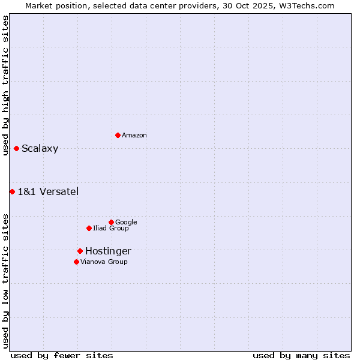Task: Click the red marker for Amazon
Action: (x=118, y=135)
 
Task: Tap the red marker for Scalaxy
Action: (x=16, y=148)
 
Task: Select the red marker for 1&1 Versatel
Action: (x=12, y=191)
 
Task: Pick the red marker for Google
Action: (x=111, y=222)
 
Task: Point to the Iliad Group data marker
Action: (x=89, y=228)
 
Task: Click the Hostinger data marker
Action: (x=80, y=251)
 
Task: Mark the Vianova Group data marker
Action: (x=76, y=262)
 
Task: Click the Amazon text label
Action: (x=134, y=136)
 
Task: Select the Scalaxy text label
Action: (x=40, y=149)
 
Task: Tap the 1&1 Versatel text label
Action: (x=48, y=192)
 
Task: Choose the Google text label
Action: (x=126, y=223)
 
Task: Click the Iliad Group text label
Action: (x=111, y=229)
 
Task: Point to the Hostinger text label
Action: (x=108, y=251)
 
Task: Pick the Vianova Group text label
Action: (x=104, y=262)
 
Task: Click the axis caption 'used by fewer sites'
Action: (x=62, y=356)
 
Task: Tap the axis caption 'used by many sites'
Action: (x=301, y=356)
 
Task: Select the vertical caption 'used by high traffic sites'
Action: (x=5, y=85)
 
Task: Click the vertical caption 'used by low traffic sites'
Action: (x=5, y=280)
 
